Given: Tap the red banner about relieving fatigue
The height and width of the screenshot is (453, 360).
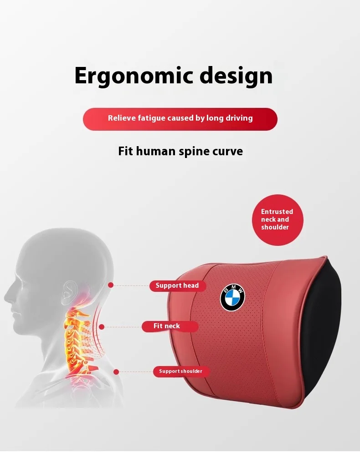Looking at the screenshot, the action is pyautogui.click(x=180, y=119).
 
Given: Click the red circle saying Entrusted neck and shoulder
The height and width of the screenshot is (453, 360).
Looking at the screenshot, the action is pyautogui.click(x=278, y=219).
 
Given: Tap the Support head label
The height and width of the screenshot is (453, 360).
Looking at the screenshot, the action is pyautogui.click(x=177, y=286).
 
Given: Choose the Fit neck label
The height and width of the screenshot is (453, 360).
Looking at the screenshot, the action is pyautogui.click(x=169, y=326).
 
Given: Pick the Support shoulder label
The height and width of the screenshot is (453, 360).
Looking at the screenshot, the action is pyautogui.click(x=181, y=372).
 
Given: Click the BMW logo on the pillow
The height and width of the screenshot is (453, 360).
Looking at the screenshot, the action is pyautogui.click(x=233, y=298).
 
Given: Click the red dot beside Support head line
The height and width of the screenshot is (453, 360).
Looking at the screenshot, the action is pyautogui.click(x=110, y=285).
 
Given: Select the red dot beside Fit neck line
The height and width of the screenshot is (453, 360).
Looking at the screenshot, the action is pyautogui.click(x=102, y=326).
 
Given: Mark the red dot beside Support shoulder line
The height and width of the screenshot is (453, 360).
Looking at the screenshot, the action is pyautogui.click(x=116, y=372).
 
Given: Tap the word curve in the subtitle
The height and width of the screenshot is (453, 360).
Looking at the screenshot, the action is pyautogui.click(x=227, y=151).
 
